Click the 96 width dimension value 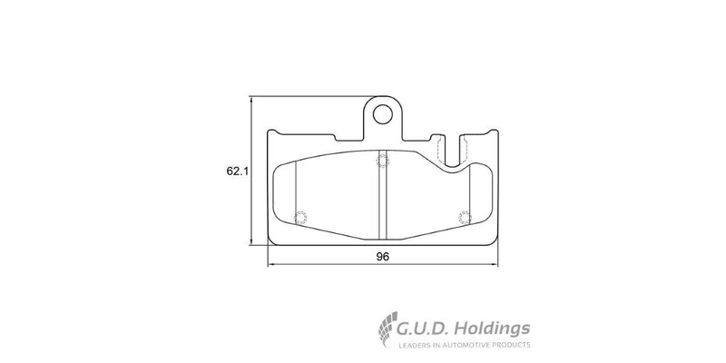(x=382, y=257)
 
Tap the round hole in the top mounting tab (x=384, y=114)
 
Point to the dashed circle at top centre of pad (x=382, y=161)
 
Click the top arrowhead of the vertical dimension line (x=251, y=99)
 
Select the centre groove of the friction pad (x=382, y=195)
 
